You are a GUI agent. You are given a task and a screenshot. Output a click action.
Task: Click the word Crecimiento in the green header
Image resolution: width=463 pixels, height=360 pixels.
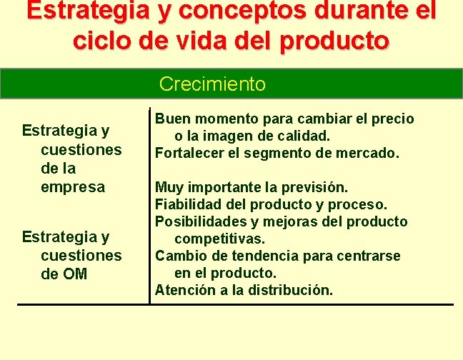(x=212, y=84)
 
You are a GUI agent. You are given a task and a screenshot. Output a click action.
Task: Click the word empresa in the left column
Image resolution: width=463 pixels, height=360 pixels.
(x=73, y=187)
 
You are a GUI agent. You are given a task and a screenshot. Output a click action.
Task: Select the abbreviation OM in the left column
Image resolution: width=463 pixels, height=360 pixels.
(x=74, y=273)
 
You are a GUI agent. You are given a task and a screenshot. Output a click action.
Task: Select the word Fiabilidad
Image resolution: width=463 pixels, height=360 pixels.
(x=186, y=204)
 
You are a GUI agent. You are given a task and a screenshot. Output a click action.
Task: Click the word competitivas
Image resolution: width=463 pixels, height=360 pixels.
(x=220, y=239)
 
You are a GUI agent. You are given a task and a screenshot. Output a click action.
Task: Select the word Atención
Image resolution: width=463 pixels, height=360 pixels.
(x=183, y=290)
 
